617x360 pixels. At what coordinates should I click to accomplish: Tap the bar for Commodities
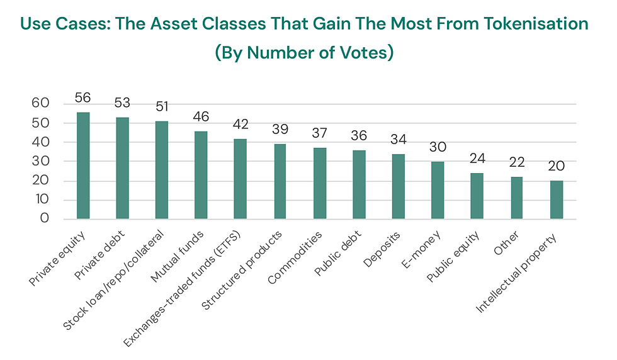320,184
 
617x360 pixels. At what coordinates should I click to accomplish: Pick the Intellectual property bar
556,200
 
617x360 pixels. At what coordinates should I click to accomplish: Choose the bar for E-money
438,190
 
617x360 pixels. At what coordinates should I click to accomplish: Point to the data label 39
280,130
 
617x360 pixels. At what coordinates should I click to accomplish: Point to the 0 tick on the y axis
45,219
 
